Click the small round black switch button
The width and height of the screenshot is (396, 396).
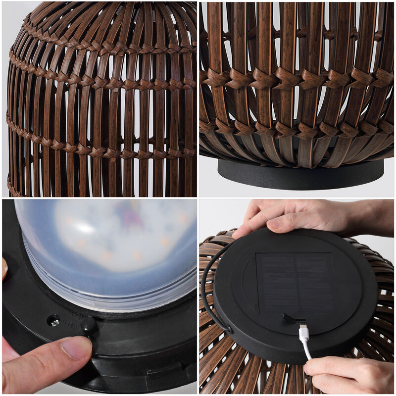click(x=89, y=324)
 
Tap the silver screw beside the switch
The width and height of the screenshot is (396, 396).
click(x=54, y=322)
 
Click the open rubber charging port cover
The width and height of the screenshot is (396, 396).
click(x=289, y=318)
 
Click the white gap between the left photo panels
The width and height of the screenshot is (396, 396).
click(x=99, y=198)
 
